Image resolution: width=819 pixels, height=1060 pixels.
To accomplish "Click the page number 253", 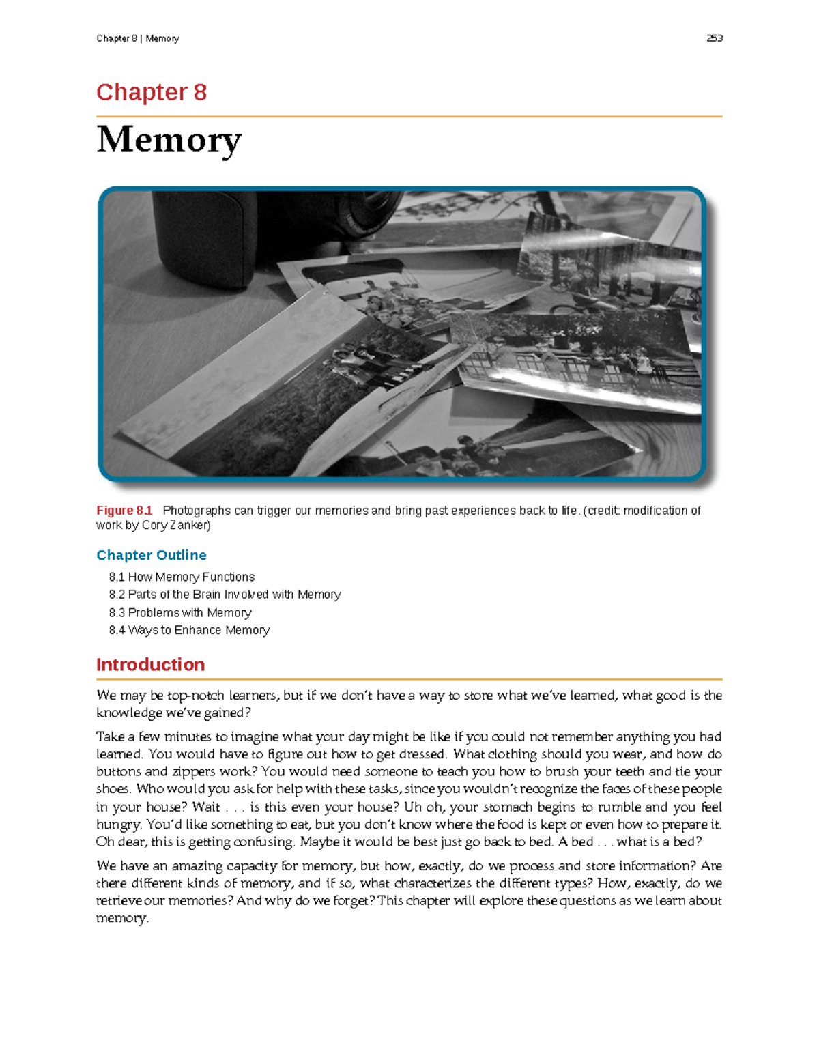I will (x=714, y=38).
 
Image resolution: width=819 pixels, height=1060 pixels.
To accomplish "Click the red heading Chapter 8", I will (x=152, y=92).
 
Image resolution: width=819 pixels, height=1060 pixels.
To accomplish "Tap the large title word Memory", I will (x=169, y=140).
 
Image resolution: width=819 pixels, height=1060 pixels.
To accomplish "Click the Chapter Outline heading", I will (x=151, y=555).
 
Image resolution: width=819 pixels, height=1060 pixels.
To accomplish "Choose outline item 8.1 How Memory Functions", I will (x=182, y=577).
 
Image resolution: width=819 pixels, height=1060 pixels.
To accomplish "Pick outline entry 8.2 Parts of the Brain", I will (x=225, y=595).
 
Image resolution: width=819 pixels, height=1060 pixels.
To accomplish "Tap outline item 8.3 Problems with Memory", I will (x=180, y=612).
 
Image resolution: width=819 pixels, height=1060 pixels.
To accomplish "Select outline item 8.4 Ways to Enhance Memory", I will (x=189, y=630).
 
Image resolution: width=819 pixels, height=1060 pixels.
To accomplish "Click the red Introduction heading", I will (x=150, y=665).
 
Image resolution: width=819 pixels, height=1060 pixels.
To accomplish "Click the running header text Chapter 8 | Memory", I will (x=138, y=38).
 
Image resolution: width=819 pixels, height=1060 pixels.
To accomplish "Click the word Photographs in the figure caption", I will (x=197, y=511).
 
